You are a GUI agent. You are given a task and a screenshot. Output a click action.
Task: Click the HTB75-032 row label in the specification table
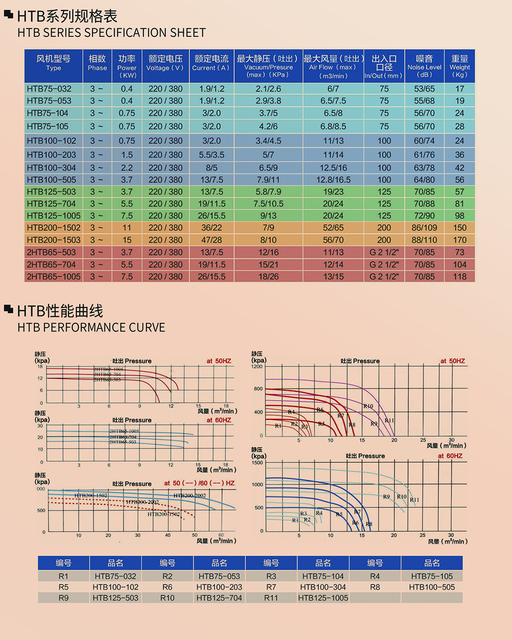click(49, 89)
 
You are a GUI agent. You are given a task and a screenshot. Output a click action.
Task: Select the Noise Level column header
click(424, 66)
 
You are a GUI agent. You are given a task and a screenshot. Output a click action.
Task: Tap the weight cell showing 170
click(460, 240)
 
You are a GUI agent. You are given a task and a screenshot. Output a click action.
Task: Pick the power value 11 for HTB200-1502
click(126, 228)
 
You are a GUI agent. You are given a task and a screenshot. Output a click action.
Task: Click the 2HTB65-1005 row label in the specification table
click(53, 276)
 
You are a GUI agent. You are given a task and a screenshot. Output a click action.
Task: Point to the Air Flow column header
click(333, 66)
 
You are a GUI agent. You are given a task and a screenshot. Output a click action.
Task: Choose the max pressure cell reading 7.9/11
click(268, 180)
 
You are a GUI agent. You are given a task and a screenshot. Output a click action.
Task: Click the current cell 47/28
click(211, 240)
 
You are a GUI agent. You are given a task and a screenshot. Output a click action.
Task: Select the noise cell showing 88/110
click(424, 240)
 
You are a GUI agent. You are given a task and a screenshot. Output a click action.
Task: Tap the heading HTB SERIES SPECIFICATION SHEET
click(112, 33)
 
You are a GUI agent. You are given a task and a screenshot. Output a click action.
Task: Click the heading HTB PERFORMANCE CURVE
click(91, 328)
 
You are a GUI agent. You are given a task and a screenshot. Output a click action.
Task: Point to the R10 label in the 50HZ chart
click(368, 406)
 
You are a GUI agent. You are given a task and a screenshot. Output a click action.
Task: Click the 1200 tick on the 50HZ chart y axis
click(257, 367)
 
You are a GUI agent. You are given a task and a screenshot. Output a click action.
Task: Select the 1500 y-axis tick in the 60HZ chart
click(257, 462)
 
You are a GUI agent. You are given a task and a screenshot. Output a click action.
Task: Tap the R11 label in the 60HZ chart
click(414, 500)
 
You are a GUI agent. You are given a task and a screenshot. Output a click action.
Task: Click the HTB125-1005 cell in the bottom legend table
click(323, 598)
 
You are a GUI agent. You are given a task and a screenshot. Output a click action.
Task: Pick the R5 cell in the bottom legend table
click(63, 587)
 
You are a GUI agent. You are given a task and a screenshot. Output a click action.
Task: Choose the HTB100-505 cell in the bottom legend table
click(432, 587)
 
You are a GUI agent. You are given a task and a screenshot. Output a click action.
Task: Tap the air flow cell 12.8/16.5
click(333, 180)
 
